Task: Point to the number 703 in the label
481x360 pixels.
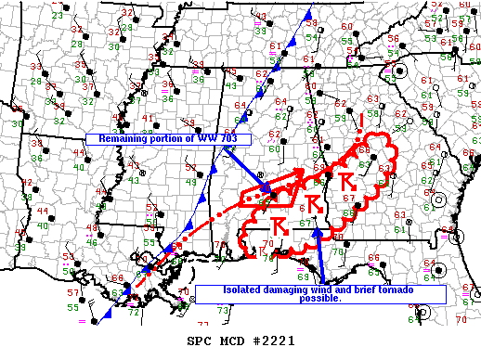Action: (213, 138)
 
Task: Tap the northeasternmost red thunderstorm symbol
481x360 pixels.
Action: (344, 179)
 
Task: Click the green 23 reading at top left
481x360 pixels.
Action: (59, 16)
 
